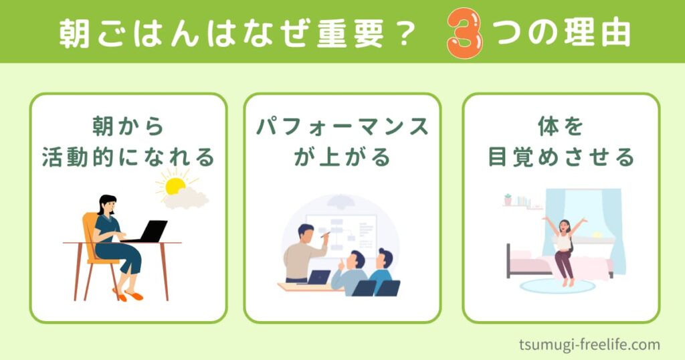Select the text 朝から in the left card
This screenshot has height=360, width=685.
pos(128,126)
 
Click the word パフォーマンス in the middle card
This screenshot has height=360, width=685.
pos(342,126)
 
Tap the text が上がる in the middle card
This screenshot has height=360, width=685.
pos(342,157)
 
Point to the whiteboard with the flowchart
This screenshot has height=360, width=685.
pos(341,236)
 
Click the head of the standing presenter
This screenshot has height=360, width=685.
pos(306,234)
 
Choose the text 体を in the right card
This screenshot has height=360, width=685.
pos(561,126)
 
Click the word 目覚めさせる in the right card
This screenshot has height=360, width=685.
pos(561,157)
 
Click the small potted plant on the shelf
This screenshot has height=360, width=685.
pos(508,199)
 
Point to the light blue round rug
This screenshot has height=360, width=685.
pos(557,286)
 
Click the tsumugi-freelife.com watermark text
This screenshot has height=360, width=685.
pos(589,344)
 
